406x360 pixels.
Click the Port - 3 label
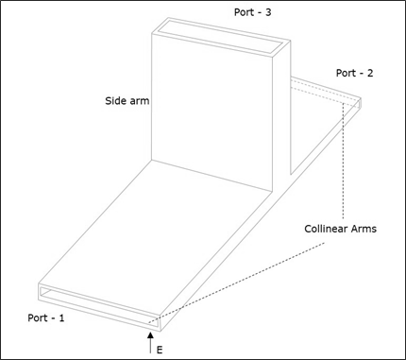(x=252, y=12)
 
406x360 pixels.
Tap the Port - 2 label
(x=354, y=73)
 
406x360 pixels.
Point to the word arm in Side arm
(x=140, y=98)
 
